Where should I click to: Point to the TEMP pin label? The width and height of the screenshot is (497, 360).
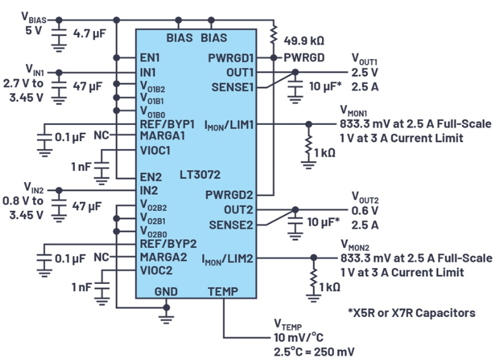pos(223,292)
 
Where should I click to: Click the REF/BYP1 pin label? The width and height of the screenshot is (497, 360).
pos(168,125)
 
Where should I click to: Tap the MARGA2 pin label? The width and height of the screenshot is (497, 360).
pos(163,257)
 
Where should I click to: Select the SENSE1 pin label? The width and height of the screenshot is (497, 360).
pos(232,87)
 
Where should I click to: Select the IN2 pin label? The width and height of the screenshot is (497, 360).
pos(149,190)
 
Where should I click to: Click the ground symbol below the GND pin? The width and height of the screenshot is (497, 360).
pos(167,311)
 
